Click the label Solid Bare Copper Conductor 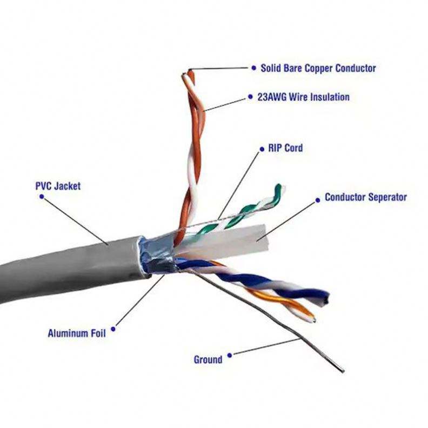click(x=318, y=69)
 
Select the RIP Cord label click(x=285, y=148)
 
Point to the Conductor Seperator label click(x=365, y=197)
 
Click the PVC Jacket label click(x=58, y=186)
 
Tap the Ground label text click(x=208, y=359)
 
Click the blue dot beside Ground click(x=230, y=356)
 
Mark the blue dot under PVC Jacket click(x=42, y=197)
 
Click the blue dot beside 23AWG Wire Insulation click(x=251, y=98)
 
